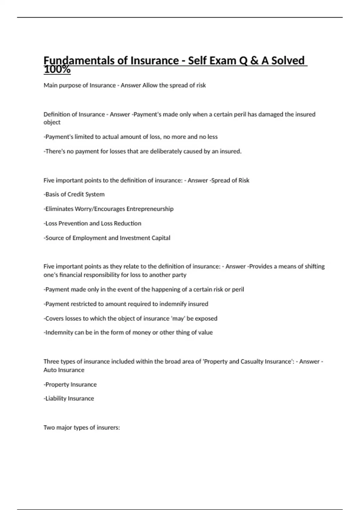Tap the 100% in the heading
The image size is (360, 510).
tap(57, 70)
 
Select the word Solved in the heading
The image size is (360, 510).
tap(288, 61)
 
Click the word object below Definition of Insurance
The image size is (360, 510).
tap(52, 122)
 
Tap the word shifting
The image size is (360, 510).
tap(315, 266)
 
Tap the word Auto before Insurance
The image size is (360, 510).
tap(49, 370)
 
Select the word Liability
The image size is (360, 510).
tap(56, 399)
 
